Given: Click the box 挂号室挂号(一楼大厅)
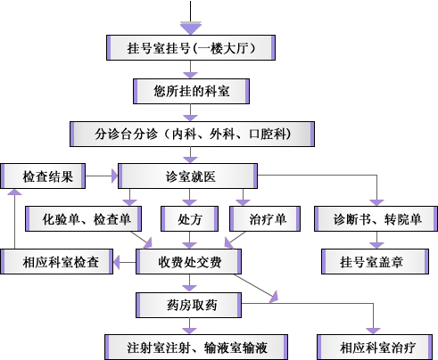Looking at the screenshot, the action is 191,48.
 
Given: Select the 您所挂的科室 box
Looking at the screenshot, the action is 191,91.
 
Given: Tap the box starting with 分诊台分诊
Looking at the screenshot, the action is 192,134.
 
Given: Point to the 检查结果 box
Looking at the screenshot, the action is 43,176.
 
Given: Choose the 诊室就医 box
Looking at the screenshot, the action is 187,176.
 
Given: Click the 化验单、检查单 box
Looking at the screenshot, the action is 83,218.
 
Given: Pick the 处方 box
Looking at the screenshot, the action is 189,218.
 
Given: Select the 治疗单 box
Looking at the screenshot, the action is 265,218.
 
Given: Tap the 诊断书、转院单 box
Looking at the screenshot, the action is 376,218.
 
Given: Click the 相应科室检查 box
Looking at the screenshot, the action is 56,262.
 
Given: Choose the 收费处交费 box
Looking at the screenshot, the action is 188,262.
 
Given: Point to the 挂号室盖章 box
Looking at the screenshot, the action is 375,262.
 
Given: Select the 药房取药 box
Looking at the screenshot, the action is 188,305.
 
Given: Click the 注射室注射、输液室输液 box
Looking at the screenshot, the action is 196,348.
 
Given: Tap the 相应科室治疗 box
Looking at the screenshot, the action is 375,348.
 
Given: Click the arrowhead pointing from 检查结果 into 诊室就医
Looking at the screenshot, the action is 114,176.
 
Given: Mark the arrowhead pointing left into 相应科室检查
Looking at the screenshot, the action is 116,262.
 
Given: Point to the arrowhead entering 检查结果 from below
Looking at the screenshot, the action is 14,192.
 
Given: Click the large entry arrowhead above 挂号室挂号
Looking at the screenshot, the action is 191,28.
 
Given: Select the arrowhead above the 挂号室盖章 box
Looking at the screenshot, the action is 376,245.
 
